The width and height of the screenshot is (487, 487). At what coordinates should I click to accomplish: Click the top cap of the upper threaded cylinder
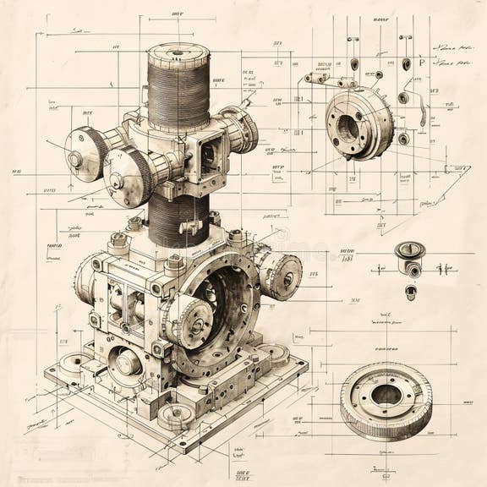coord(178,52)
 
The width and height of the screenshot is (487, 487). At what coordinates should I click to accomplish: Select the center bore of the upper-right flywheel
coord(347,126)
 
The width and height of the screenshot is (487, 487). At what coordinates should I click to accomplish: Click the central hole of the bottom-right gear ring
coord(386,394)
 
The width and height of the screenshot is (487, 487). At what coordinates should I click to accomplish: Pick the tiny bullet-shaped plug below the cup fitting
coord(410,293)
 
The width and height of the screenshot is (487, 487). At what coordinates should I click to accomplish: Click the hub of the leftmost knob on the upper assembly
coord(75,157)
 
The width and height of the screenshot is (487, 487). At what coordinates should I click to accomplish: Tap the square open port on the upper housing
coord(206,153)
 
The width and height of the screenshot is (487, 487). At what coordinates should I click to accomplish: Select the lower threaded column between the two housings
coord(179,218)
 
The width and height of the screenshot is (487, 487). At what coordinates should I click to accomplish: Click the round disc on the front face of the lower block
coord(128,364)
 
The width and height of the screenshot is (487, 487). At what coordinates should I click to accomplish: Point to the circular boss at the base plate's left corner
coord(68,364)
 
